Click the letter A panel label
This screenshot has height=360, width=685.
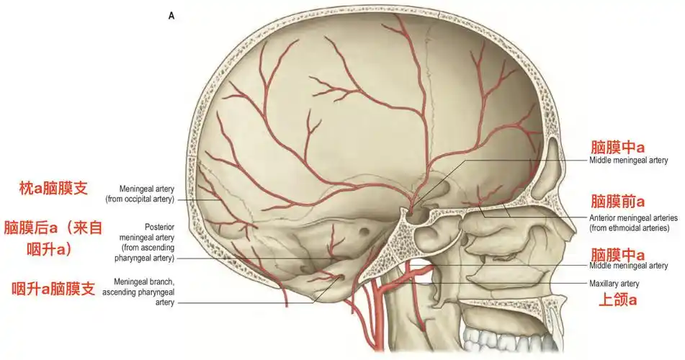171,16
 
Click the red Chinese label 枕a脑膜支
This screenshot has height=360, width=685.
53,189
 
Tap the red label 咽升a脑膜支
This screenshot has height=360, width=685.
53,288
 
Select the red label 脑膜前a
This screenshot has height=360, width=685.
617,202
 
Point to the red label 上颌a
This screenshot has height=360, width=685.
617,300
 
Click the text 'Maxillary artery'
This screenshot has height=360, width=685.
614,284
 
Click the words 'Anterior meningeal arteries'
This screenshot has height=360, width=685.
633,217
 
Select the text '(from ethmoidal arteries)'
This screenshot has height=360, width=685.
629,228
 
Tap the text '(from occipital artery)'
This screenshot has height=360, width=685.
140,199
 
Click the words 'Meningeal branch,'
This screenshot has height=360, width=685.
144,282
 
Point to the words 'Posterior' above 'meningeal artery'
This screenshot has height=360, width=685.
159,228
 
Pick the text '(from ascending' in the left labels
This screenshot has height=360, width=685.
148,248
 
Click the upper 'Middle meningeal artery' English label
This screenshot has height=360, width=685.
628,161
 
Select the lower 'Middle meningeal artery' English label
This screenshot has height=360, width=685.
628,266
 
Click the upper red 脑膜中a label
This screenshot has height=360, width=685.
617,147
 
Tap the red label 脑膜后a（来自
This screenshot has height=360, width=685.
53,228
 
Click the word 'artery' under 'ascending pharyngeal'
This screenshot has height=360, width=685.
165,302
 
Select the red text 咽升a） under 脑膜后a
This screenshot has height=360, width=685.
49,249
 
